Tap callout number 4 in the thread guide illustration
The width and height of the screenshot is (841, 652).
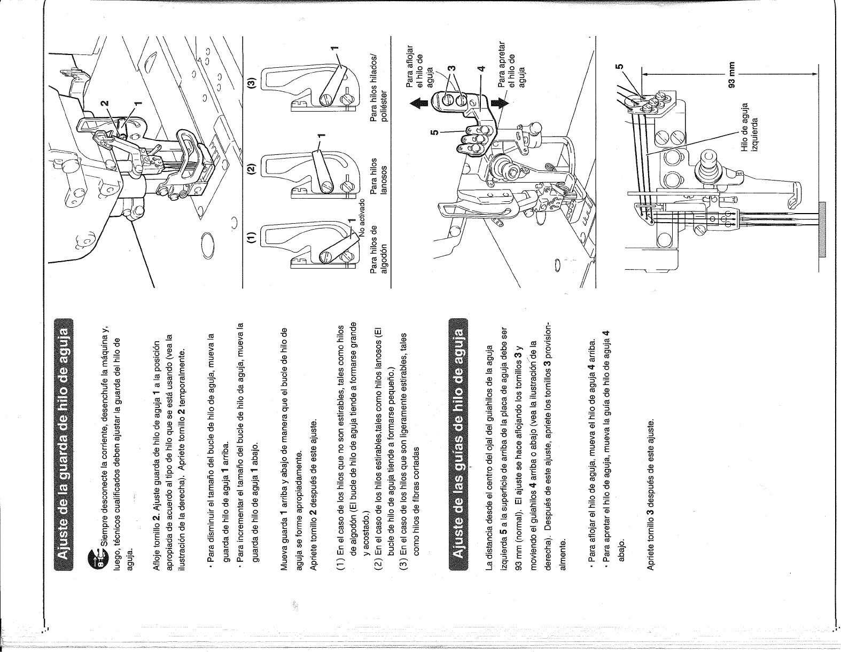point(481,68)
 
